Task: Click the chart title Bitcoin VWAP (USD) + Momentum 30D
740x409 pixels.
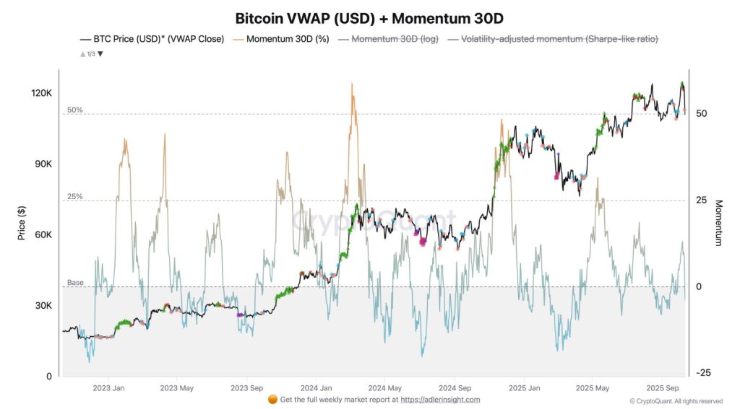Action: click(369, 17)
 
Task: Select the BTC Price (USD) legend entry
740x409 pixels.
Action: click(152, 39)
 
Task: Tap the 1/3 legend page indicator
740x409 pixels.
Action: click(91, 54)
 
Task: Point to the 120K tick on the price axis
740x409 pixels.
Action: click(40, 93)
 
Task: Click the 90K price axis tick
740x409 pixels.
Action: click(43, 164)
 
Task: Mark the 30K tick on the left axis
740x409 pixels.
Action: click(43, 305)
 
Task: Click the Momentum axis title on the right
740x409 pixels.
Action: click(718, 223)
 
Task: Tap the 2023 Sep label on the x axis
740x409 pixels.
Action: click(246, 387)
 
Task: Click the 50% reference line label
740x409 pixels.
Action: click(74, 110)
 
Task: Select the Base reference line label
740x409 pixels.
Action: click(75, 282)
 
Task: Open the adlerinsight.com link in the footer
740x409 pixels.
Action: click(440, 400)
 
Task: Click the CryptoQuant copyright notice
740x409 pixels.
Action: click(675, 401)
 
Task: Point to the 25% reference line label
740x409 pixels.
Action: click(74, 196)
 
